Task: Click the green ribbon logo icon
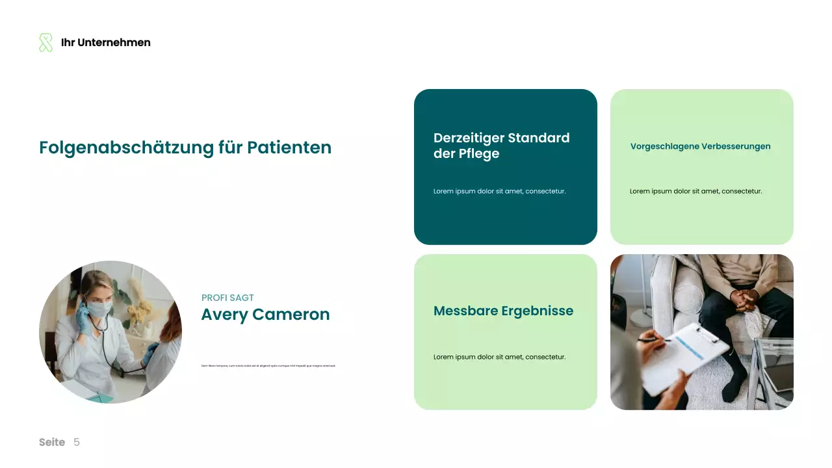[45, 43]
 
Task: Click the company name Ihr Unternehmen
[105, 43]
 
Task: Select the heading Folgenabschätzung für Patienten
[185, 148]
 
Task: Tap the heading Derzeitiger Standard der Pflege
[501, 146]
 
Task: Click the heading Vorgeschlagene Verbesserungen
[700, 146]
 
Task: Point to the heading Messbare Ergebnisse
[503, 311]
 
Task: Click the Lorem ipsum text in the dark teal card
[499, 191]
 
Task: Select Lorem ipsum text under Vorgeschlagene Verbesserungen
[695, 191]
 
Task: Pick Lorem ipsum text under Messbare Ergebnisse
[499, 357]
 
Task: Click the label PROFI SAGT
[227, 298]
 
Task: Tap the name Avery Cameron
[265, 315]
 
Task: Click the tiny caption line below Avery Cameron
[268, 366]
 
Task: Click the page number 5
[77, 443]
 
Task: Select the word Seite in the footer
[52, 443]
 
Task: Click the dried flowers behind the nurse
[139, 310]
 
